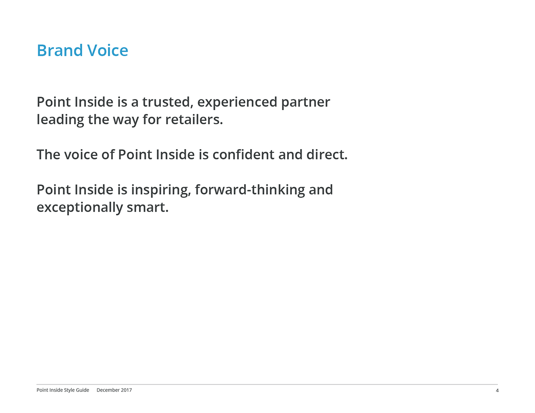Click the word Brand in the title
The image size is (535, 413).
[x=60, y=51]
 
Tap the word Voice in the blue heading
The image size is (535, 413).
[x=107, y=51]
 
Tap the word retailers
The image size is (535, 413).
[x=194, y=120]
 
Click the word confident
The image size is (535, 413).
[x=243, y=155]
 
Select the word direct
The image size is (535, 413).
[x=327, y=155]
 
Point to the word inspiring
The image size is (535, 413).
[x=161, y=190]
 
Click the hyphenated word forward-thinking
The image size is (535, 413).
[x=250, y=190]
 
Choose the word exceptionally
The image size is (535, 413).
[x=79, y=208]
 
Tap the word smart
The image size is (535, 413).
[x=147, y=208]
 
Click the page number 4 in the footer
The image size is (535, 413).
[x=497, y=390]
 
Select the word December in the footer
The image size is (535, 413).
[x=108, y=390]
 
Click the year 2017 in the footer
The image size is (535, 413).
[x=126, y=390]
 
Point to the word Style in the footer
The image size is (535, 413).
[x=69, y=390]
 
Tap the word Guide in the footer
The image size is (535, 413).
[x=83, y=390]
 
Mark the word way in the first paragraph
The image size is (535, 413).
[x=126, y=121]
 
